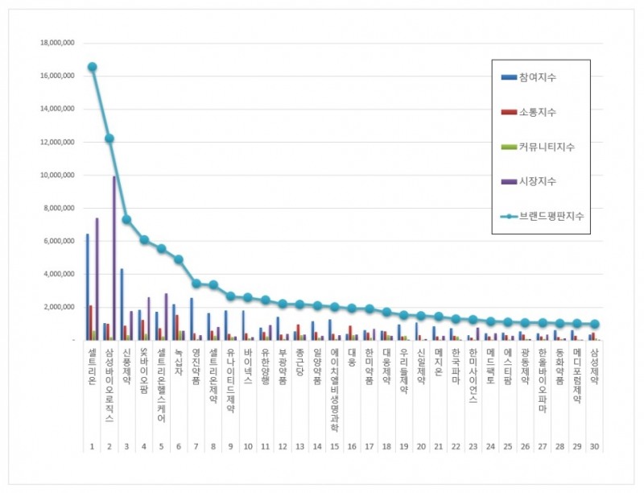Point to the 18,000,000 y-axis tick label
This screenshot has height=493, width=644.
point(57,43)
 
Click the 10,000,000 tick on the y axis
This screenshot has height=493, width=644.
point(57,175)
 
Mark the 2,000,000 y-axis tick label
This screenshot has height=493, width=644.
point(59,307)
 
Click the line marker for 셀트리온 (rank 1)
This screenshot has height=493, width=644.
point(93,67)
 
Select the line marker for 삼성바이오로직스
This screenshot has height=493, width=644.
point(109,139)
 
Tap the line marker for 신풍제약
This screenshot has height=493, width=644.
point(126,219)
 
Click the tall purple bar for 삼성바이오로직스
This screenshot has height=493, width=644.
point(114,258)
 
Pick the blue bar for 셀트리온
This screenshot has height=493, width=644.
point(88,287)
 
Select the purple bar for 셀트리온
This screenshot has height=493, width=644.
point(97,279)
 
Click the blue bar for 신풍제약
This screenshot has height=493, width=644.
point(122,304)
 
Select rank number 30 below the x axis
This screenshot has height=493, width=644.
point(594,445)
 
